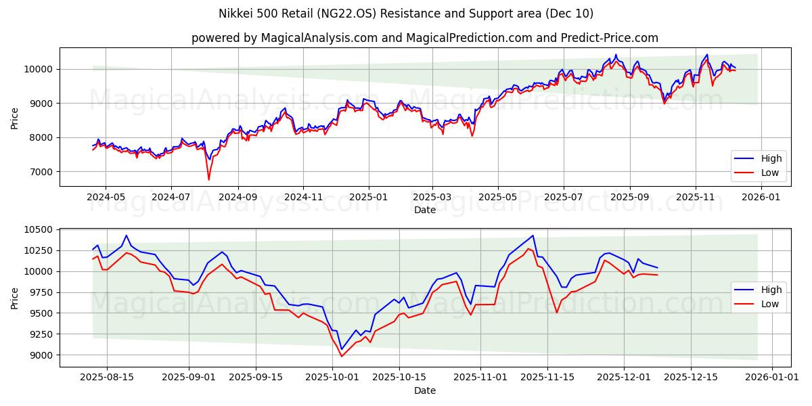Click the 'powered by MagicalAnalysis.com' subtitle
pyautogui.click(x=424, y=38)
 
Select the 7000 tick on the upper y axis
pyautogui.click(x=42, y=172)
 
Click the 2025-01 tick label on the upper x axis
pyautogui.click(x=369, y=197)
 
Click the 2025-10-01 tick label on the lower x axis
pyautogui.click(x=332, y=378)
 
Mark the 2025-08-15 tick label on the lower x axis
pyautogui.click(x=107, y=378)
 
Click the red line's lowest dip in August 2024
pyautogui.click(x=208, y=179)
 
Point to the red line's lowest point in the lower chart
pyautogui.click(x=341, y=357)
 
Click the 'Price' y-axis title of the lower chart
pyautogui.click(x=15, y=298)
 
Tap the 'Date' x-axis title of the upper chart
pyautogui.click(x=424, y=210)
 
